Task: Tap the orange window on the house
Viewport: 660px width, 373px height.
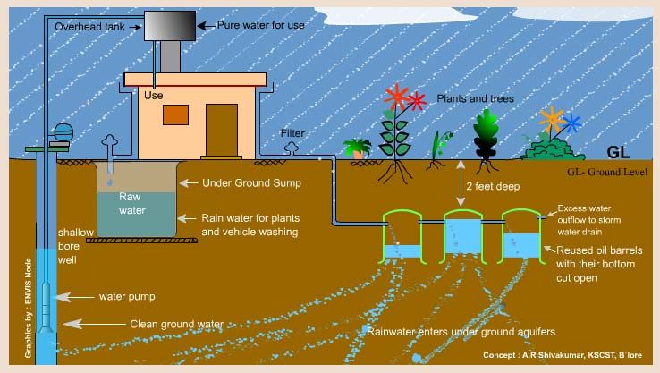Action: pos(175,114)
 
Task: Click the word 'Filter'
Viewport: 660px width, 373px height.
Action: pos(292,133)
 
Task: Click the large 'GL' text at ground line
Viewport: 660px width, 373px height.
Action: pos(619,151)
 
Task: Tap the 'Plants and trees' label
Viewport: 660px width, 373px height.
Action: pos(475,98)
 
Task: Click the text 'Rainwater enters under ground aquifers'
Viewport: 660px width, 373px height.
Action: pos(460,331)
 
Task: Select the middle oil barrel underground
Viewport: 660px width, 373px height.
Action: pos(463,238)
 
